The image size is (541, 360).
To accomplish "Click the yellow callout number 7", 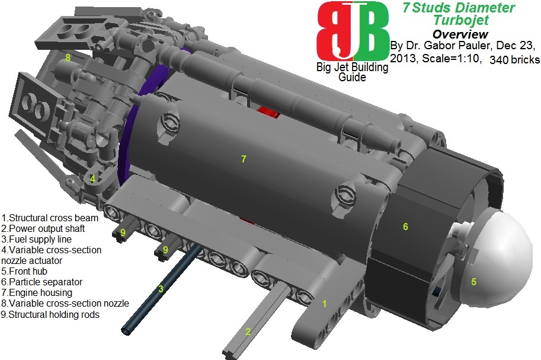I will pyautogui.click(x=243, y=159).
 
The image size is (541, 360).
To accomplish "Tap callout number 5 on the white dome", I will pyautogui.click(x=473, y=282).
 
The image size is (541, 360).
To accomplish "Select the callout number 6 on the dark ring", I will pyautogui.click(x=405, y=227).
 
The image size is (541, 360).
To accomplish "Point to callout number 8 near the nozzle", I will pyautogui.click(x=68, y=58).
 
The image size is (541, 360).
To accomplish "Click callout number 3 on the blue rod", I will pyautogui.click(x=160, y=289).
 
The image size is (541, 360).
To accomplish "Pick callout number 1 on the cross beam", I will pyautogui.click(x=324, y=304).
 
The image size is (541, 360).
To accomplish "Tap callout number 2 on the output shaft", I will pyautogui.click(x=249, y=332).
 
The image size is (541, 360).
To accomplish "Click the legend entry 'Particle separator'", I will pyautogui.click(x=42, y=282).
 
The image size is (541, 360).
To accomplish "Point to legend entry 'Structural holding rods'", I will pyautogui.click(x=51, y=314).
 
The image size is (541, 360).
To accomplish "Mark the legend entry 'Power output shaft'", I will pyautogui.click(x=43, y=228).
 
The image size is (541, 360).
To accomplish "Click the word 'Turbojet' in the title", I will pyautogui.click(x=460, y=21).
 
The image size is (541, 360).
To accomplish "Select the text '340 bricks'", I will pyautogui.click(x=514, y=60).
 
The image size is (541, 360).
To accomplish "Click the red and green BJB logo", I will pyautogui.click(x=353, y=31).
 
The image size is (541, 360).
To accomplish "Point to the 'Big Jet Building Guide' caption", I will pyautogui.click(x=352, y=72).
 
